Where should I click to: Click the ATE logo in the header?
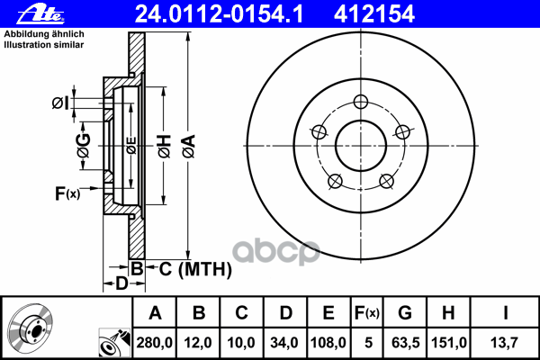point(40,14)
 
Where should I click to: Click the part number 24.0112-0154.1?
point(219,14)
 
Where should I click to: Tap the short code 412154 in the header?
point(374,14)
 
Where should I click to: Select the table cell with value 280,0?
point(154,342)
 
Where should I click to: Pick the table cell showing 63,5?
point(405,342)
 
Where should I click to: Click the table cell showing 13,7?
point(504,342)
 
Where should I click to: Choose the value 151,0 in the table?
point(449,342)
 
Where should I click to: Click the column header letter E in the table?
point(328,313)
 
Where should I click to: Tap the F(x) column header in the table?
point(367,313)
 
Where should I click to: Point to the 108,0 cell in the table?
point(328,342)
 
